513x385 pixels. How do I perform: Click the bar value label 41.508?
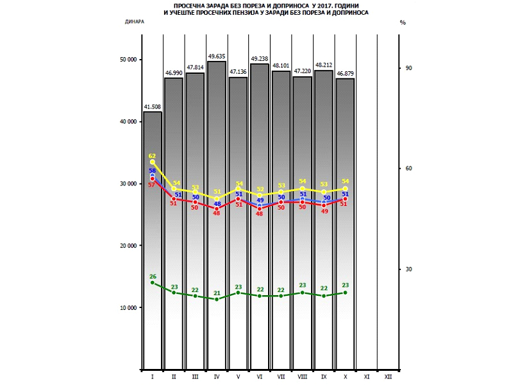coord(152,107)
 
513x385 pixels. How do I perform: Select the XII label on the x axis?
coord(389,376)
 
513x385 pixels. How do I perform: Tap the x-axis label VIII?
coord(303,376)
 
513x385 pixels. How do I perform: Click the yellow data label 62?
coord(152,156)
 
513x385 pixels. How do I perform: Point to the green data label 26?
coord(153,277)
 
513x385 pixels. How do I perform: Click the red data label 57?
coord(152,185)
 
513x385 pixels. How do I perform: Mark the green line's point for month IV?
coord(217,299)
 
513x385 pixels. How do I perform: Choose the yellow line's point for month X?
coord(346,189)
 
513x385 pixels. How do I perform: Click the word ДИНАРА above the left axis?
coord(135,21)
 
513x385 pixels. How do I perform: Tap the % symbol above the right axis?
coord(403,21)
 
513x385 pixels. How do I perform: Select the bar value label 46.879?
coord(346,74)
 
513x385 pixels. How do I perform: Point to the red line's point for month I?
coord(153,178)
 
